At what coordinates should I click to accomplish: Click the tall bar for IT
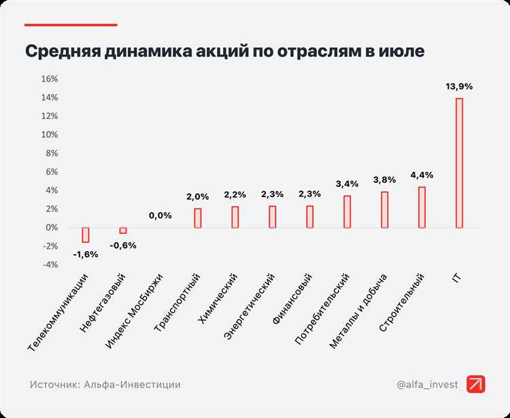click(x=459, y=163)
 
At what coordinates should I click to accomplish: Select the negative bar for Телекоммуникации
click(x=86, y=234)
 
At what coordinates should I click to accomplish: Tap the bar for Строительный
click(x=422, y=207)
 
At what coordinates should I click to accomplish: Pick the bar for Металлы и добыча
click(x=384, y=209)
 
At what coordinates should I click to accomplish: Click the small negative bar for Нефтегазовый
click(x=123, y=230)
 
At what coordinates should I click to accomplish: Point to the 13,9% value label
click(x=459, y=86)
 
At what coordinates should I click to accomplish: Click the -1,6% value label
click(x=86, y=254)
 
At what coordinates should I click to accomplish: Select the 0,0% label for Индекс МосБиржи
click(x=160, y=215)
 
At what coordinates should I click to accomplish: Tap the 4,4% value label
click(x=422, y=175)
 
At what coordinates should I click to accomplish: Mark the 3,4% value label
click(x=347, y=184)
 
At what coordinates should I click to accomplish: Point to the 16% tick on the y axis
click(x=50, y=79)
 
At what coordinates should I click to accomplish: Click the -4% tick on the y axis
click(x=50, y=265)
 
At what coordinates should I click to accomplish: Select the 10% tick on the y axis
click(x=50, y=135)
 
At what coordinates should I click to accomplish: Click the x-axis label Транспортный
click(x=177, y=302)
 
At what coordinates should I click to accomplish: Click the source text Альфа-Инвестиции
click(x=132, y=385)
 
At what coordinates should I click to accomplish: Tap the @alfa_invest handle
click(x=427, y=385)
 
